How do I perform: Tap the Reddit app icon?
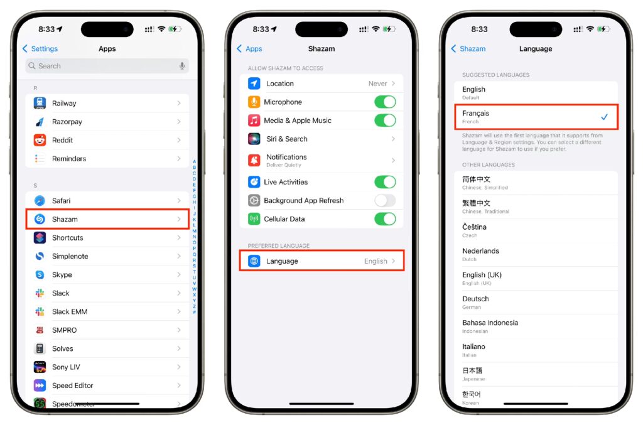click(40, 140)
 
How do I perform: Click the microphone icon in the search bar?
click(182, 66)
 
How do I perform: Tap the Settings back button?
click(40, 49)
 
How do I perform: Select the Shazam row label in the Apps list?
click(65, 219)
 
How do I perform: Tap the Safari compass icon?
click(40, 201)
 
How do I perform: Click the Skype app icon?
click(40, 274)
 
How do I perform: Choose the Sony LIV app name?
click(66, 367)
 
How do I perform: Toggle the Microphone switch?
click(385, 102)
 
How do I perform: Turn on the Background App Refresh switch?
click(385, 200)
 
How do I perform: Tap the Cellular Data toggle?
click(385, 219)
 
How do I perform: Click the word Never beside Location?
click(377, 83)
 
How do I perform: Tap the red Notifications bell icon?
click(254, 160)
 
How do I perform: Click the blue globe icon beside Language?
click(254, 261)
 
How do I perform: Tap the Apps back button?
click(249, 49)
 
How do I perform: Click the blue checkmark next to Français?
click(604, 117)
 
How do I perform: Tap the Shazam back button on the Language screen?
click(468, 49)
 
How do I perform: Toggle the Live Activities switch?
click(385, 182)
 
